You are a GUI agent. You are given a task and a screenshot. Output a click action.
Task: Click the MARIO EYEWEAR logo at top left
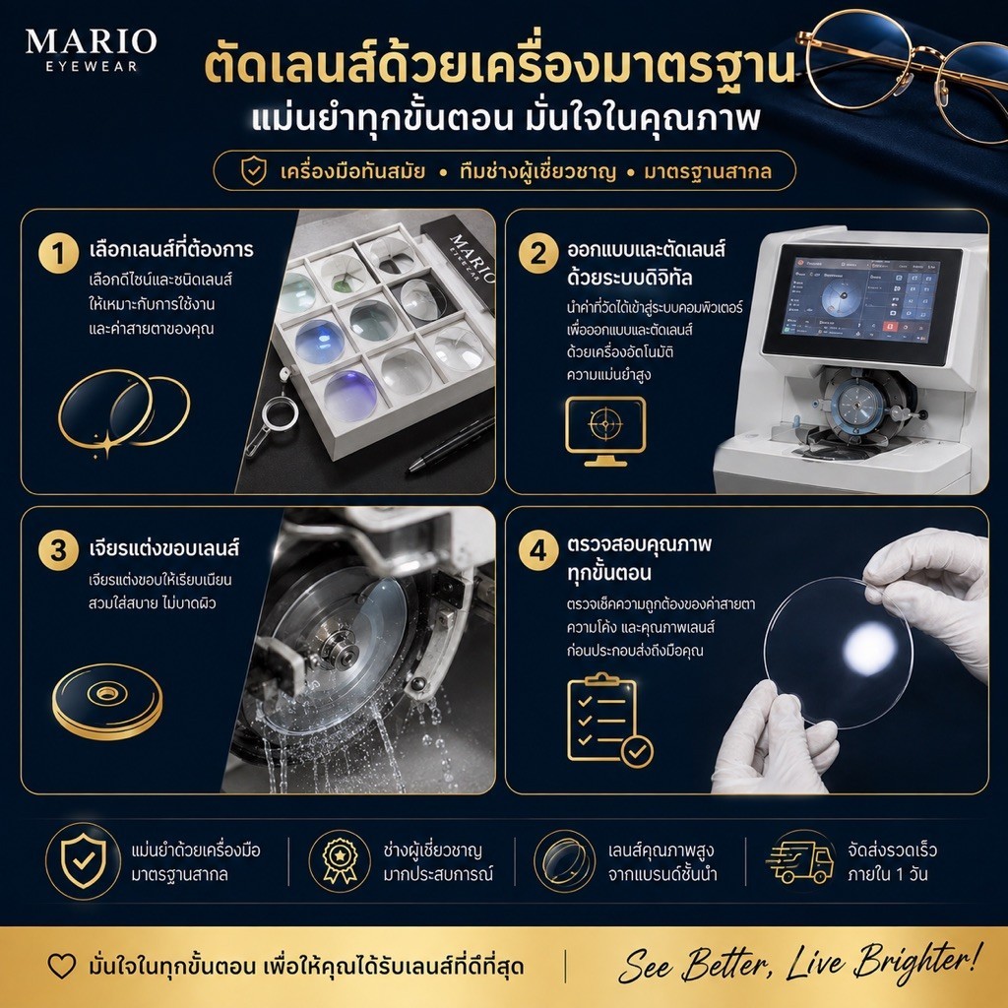tap(91, 49)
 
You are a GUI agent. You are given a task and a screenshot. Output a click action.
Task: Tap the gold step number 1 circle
tap(58, 253)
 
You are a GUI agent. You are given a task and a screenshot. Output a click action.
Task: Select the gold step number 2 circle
tap(538, 253)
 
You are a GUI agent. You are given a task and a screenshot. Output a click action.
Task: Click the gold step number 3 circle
tap(58, 550)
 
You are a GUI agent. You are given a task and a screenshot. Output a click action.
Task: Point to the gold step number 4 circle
tap(538, 550)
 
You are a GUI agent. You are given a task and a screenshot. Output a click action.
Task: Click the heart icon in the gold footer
tap(62, 966)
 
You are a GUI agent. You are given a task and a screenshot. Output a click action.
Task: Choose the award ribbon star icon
tap(340, 860)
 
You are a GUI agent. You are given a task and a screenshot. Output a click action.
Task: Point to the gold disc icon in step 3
tap(107, 701)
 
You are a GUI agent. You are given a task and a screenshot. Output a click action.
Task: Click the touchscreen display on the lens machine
tap(861, 300)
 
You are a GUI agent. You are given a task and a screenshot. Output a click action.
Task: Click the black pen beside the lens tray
tap(451, 444)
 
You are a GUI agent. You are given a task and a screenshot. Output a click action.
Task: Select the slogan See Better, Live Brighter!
tap(800, 964)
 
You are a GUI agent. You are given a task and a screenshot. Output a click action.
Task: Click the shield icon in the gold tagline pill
tap(253, 171)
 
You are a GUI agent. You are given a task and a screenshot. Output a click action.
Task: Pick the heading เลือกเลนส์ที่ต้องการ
tap(171, 249)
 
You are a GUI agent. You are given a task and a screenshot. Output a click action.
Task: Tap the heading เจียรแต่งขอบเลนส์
tap(164, 547)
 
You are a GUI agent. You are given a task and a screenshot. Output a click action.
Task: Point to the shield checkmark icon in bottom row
tap(83, 860)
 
